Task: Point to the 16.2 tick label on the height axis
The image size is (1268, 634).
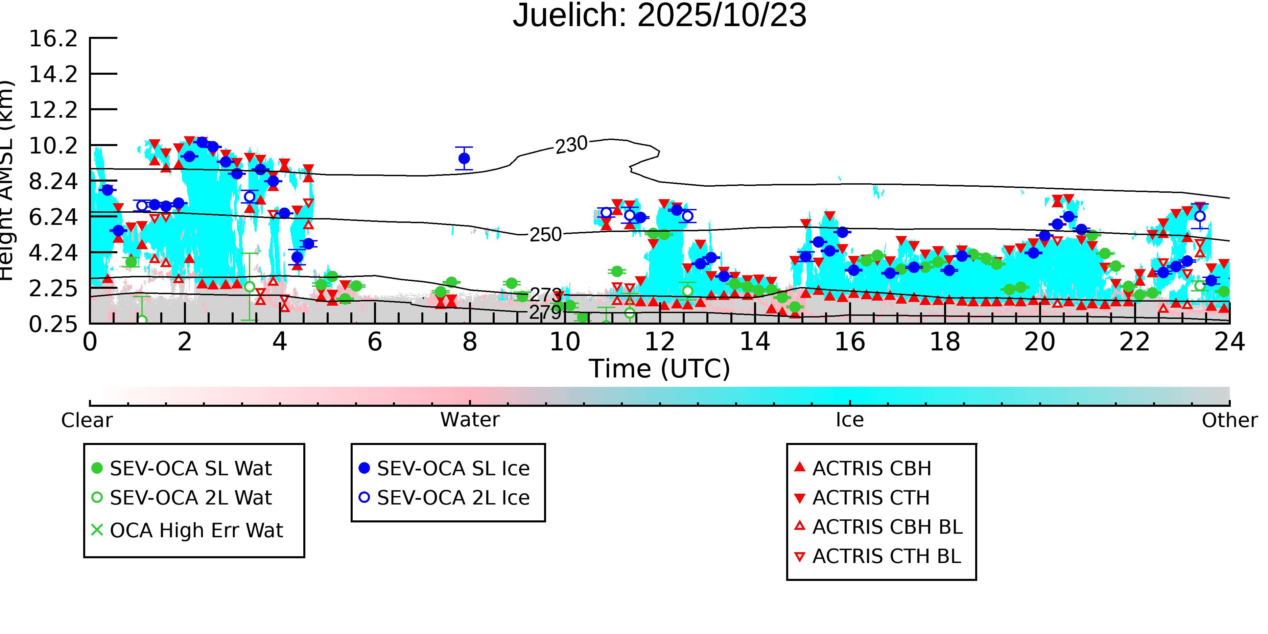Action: [53, 39]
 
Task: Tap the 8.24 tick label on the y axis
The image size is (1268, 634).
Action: [53, 182]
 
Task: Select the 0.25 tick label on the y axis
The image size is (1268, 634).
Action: [53, 324]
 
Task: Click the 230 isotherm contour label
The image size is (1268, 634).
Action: [571, 145]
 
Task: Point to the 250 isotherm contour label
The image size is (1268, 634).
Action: [545, 235]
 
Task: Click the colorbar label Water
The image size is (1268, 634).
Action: [470, 420]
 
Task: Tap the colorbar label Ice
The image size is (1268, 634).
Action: [850, 420]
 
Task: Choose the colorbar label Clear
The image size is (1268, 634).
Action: [87, 420]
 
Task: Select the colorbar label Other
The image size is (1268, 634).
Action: [1229, 420]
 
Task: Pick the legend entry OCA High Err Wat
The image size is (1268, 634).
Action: [196, 531]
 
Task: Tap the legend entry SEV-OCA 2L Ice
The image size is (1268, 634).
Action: [453, 498]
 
